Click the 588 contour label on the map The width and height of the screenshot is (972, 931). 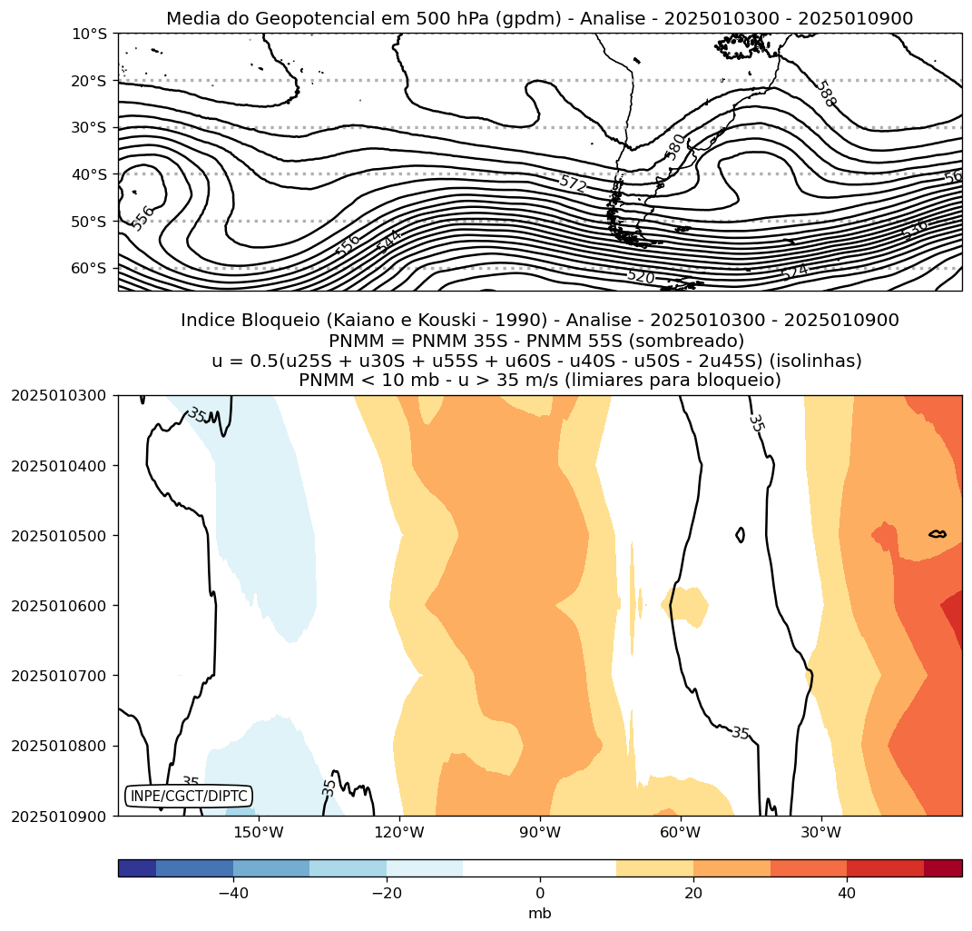(824, 94)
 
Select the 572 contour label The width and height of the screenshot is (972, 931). (573, 183)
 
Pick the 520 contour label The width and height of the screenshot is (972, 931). (640, 276)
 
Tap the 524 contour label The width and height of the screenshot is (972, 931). (793, 272)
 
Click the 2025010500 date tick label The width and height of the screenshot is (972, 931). (59, 536)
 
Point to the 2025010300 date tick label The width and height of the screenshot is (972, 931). (59, 396)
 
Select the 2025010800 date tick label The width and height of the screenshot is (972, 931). (59, 746)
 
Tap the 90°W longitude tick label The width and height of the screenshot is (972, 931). (540, 833)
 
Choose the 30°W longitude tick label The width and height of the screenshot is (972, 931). (821, 833)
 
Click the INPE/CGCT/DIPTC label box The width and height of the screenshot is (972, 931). (188, 796)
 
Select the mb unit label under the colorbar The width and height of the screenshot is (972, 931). (540, 913)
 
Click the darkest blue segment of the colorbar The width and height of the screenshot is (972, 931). (137, 868)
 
